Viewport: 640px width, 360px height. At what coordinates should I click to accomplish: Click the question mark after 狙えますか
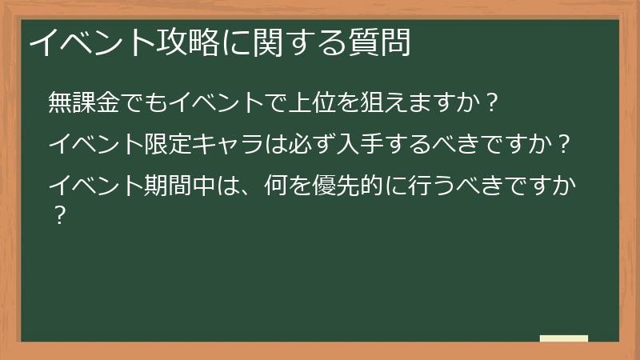point(494,102)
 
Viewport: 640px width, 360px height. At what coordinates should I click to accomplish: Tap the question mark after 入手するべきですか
point(563,144)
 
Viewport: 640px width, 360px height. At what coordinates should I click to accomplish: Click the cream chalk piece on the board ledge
point(564,338)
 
